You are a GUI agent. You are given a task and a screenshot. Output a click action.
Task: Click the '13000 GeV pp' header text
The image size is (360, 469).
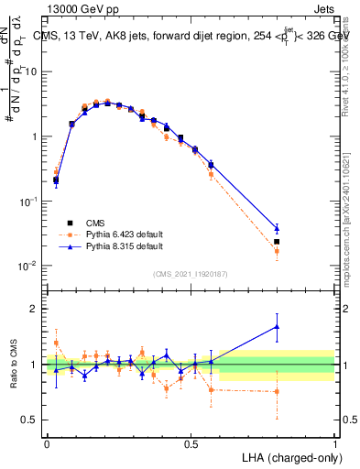(78, 8)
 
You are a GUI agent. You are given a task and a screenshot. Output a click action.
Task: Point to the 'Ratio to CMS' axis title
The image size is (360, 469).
(14, 364)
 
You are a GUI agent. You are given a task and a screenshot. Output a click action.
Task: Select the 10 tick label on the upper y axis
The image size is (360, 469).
(31, 71)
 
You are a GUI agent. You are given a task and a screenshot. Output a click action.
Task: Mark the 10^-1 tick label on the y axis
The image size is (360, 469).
(29, 201)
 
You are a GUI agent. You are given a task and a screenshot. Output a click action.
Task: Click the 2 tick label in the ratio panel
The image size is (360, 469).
(38, 309)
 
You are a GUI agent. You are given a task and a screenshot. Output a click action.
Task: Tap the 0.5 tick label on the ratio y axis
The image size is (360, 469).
(33, 420)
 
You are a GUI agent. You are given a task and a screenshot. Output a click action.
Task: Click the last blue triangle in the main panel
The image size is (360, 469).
(277, 228)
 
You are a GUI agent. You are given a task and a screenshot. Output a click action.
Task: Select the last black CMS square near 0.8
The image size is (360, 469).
(277, 242)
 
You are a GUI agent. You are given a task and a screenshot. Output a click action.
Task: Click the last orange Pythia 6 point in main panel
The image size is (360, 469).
(277, 250)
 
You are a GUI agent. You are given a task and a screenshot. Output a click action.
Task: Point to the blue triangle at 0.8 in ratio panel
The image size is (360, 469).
(277, 326)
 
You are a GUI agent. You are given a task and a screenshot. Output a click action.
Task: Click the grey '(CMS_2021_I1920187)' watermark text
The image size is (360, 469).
(191, 274)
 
